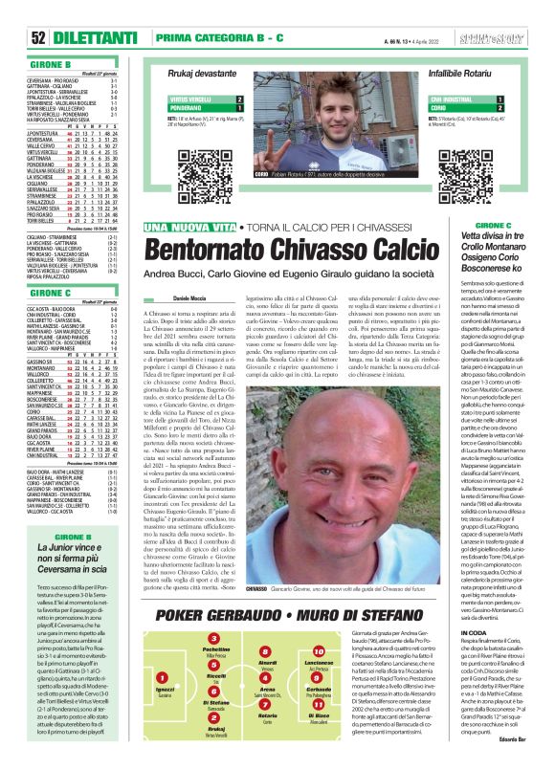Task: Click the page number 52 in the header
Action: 14,36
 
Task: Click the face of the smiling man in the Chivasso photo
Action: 317,477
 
